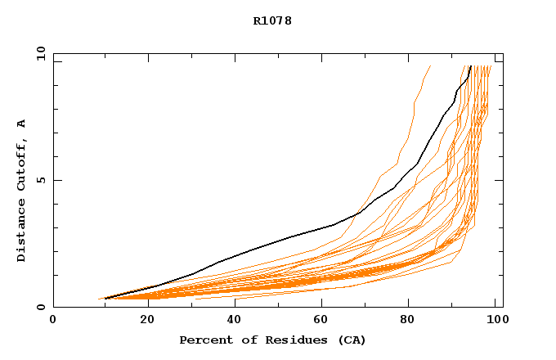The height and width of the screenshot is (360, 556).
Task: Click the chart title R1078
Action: (x=272, y=20)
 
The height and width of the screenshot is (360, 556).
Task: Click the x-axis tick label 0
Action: (x=53, y=321)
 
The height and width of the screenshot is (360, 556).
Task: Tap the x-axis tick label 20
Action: (x=146, y=321)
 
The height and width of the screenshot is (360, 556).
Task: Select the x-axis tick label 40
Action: (x=235, y=321)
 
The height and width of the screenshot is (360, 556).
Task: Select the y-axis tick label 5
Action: (x=40, y=180)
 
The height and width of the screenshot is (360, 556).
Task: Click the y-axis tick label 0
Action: (x=40, y=308)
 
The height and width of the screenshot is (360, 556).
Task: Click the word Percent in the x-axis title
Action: (x=203, y=340)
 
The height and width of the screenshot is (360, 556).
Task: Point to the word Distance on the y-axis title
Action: (x=21, y=231)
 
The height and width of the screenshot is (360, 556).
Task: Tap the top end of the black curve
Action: (x=470, y=66)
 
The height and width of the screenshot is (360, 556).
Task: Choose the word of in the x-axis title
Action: (x=245, y=340)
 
